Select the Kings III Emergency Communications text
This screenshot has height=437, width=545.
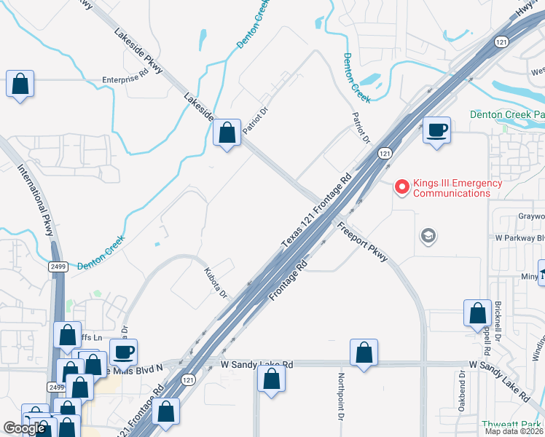click(458, 188)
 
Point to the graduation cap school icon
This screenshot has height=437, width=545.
click(428, 235)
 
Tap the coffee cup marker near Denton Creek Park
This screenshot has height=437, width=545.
click(436, 131)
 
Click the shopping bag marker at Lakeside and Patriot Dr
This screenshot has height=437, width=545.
click(227, 133)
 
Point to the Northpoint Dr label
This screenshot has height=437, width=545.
click(340, 397)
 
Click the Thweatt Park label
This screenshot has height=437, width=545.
click(512, 425)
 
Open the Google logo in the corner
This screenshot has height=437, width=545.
click(24, 428)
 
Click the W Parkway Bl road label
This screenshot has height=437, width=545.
click(519, 238)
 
